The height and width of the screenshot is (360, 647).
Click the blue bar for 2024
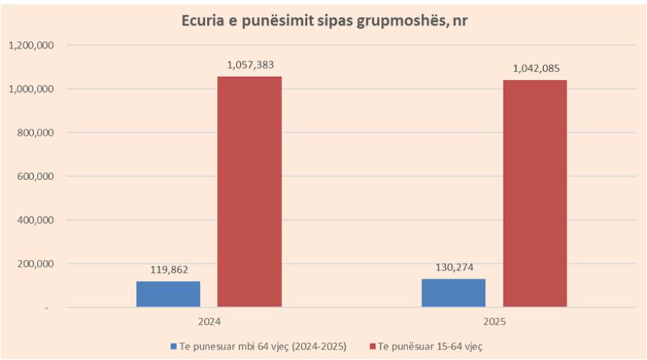(x=168, y=294)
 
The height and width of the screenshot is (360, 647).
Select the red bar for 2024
(x=249, y=191)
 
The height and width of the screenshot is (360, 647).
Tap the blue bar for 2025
(x=453, y=292)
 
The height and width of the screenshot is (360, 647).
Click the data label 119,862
(x=168, y=270)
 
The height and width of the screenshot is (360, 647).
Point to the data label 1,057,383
(x=249, y=66)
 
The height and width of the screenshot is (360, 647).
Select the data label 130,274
(x=453, y=268)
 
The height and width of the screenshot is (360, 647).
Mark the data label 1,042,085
(x=535, y=69)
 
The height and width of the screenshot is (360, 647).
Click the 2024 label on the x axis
(x=209, y=320)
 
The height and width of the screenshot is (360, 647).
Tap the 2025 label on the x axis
(x=494, y=320)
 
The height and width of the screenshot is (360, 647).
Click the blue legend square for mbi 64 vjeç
(x=173, y=346)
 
